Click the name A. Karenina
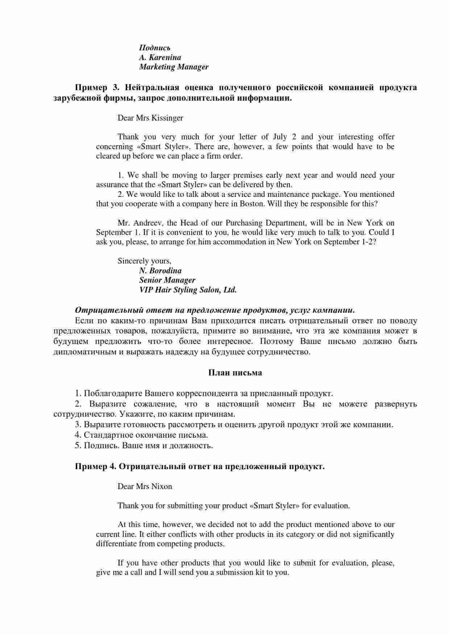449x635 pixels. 160,57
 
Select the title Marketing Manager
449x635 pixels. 174,67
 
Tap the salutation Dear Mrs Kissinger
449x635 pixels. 150,118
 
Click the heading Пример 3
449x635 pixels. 97,87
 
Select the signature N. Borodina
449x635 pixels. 160,270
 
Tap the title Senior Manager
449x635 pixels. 167,280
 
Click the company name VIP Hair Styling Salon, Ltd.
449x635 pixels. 188,290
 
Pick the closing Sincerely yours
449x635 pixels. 144,261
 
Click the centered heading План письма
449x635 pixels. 235,373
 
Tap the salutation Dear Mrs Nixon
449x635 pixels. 145,486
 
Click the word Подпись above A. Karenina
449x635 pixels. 155,48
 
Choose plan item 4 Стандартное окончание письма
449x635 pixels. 141,435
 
